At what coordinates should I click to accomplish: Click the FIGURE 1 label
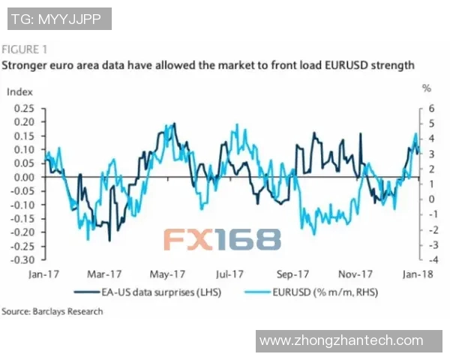point(25,50)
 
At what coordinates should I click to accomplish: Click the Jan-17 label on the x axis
point(43,274)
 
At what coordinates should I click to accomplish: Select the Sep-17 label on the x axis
point(293,274)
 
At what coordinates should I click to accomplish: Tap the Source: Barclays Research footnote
point(52,311)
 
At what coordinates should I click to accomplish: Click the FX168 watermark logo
point(223,238)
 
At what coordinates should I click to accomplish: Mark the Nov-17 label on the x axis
point(355,274)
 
